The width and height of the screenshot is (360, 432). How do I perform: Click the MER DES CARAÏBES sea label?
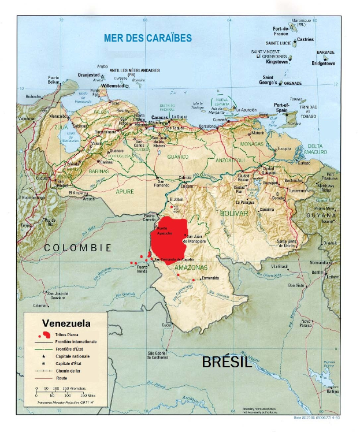pyautogui.click(x=147, y=38)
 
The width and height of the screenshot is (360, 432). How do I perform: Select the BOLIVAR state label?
pyautogui.click(x=233, y=213)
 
